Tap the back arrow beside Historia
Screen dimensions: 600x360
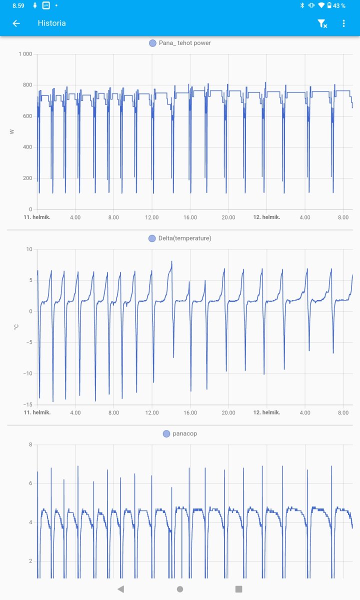(x=16, y=23)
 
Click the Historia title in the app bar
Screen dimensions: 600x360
(x=51, y=23)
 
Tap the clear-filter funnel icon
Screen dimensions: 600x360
(x=322, y=23)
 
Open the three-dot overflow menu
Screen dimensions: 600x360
(x=343, y=23)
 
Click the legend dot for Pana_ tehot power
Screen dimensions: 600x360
(x=152, y=43)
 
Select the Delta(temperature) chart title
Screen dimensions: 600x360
(x=184, y=238)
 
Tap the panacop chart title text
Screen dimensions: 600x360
(x=184, y=433)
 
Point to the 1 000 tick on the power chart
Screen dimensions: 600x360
(x=25, y=54)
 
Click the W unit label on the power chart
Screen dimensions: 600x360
(x=12, y=131)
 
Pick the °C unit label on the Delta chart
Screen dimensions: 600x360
(x=16, y=326)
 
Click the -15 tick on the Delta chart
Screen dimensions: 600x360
(x=27, y=404)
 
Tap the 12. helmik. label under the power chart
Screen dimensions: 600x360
(x=266, y=217)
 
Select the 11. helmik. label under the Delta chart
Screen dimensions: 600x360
(x=37, y=412)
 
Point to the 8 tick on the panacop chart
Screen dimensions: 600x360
(x=30, y=444)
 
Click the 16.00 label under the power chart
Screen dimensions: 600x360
(x=190, y=217)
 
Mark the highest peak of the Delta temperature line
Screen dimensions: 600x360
(x=171, y=261)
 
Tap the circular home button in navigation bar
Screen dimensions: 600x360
(x=180, y=589)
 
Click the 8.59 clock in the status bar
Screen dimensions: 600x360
(x=19, y=5)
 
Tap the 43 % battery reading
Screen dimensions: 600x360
(x=339, y=5)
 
